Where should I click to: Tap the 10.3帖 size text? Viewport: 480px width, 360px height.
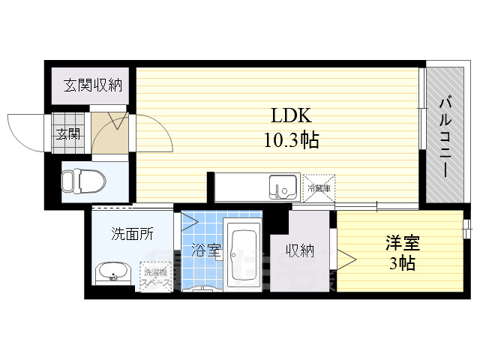(x=291, y=139)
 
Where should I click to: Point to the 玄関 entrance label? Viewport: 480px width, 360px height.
(x=66, y=134)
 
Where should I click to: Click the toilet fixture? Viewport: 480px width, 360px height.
(x=72, y=181)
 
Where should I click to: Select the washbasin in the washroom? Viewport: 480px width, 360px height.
(x=113, y=271)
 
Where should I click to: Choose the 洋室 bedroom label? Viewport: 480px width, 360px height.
(x=403, y=243)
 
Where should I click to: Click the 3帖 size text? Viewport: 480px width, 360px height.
(x=402, y=263)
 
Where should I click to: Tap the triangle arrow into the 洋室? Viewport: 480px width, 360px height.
(x=346, y=258)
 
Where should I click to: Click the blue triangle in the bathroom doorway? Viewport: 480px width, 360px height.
(x=188, y=222)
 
